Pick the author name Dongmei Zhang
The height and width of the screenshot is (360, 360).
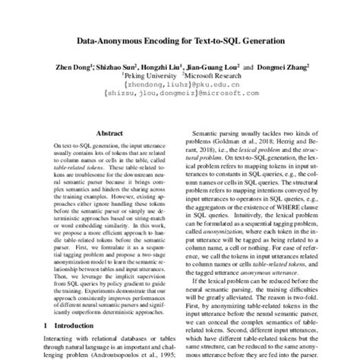click(x=290, y=67)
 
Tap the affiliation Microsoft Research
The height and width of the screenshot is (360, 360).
click(x=213, y=76)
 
